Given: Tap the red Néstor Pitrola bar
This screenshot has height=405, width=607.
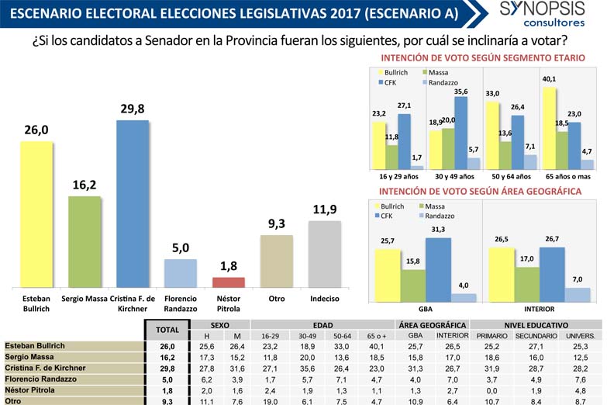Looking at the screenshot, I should (228, 282).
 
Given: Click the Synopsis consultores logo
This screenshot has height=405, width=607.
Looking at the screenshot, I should (542, 14).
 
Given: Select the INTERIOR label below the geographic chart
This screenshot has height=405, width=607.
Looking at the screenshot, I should (540, 306).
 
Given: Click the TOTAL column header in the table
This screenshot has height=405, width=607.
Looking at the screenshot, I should (164, 330).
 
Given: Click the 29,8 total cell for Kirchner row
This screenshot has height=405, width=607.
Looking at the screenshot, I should (164, 368).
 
